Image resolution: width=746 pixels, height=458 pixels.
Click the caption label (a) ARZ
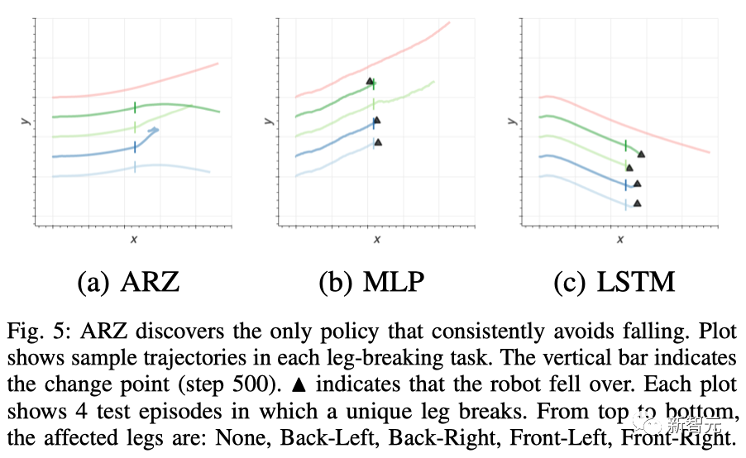(x=128, y=283)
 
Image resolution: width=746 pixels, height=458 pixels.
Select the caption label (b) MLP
(x=371, y=283)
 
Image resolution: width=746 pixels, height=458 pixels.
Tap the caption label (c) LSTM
(x=614, y=283)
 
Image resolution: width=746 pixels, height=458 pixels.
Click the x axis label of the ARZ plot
(x=134, y=239)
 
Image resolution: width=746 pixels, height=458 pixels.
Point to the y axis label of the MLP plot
(x=270, y=120)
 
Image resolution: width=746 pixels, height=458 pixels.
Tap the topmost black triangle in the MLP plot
(x=371, y=81)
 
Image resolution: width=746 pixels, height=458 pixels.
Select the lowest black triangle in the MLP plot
(x=378, y=142)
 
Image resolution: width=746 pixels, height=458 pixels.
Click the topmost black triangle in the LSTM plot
(x=641, y=154)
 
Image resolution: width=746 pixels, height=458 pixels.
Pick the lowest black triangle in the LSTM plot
(x=637, y=203)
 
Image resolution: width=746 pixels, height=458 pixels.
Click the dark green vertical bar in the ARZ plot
(x=135, y=107)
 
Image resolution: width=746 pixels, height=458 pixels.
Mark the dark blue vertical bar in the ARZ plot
(x=135, y=147)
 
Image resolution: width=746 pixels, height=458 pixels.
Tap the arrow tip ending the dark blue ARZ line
(x=155, y=130)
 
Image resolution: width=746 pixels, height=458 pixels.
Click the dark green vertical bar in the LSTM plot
(x=625, y=146)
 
